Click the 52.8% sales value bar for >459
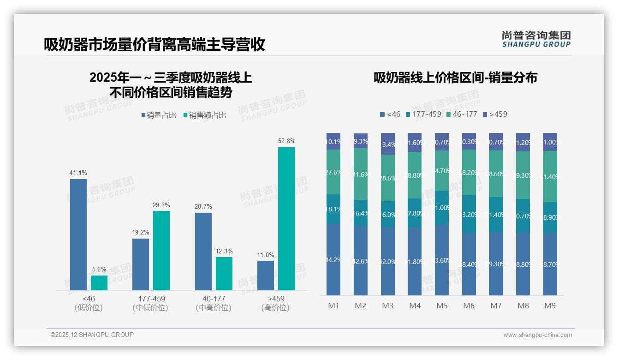click(x=286, y=219)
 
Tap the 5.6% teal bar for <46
click(x=99, y=283)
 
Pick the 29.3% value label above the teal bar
click(x=161, y=205)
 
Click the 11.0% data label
click(x=266, y=255)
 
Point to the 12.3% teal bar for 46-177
click(x=224, y=274)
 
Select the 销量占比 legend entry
click(x=159, y=115)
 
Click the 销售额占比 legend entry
click(x=205, y=115)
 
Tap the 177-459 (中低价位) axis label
click(x=151, y=303)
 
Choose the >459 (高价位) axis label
click(x=276, y=303)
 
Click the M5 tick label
click(x=442, y=306)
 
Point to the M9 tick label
click(x=550, y=306)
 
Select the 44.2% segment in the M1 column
click(x=333, y=260)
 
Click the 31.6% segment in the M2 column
click(x=361, y=174)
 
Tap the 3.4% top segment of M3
click(x=388, y=144)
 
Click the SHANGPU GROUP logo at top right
click(x=536, y=39)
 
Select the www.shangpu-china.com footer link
click(x=537, y=335)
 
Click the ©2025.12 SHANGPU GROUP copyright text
click(x=92, y=335)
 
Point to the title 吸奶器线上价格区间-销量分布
click(x=455, y=78)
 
